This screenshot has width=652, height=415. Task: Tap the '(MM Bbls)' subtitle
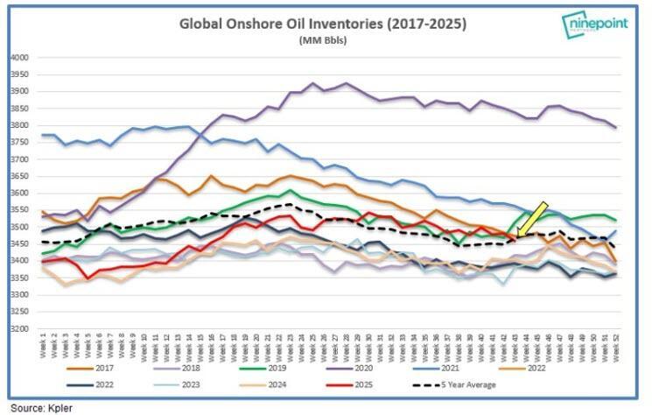(323, 40)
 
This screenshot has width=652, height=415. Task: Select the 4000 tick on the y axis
(18, 58)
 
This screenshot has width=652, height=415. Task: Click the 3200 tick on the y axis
(18, 329)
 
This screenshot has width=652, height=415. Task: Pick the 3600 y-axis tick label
(18, 193)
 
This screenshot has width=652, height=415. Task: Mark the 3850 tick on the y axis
(18, 109)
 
